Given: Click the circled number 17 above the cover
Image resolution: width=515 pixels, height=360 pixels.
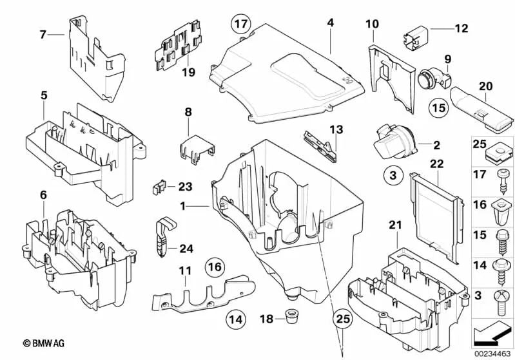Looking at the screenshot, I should click(x=240, y=25).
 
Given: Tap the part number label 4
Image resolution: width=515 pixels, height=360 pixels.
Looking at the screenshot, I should click(x=330, y=23).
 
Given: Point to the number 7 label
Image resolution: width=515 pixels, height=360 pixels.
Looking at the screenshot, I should click(x=43, y=34).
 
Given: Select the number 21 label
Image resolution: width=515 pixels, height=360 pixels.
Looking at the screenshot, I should click(x=394, y=224).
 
